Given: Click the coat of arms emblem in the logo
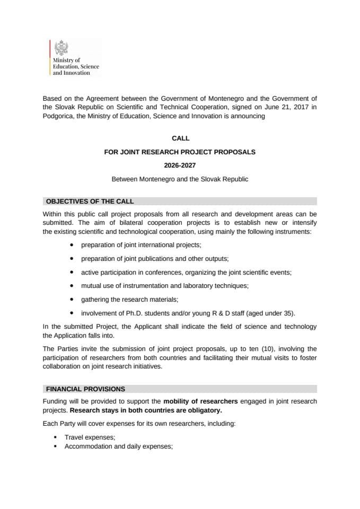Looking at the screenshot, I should [x=60, y=48].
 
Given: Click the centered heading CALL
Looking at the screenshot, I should [x=180, y=138].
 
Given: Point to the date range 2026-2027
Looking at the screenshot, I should [x=180, y=165].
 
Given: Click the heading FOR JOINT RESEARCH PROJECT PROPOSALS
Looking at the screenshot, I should [x=180, y=152].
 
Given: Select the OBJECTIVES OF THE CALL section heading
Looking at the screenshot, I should [x=90, y=201].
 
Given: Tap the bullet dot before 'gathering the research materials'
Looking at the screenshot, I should [x=72, y=300].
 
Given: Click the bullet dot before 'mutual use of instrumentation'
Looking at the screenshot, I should [x=72, y=286].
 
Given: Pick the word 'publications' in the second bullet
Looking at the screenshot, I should [x=155, y=259].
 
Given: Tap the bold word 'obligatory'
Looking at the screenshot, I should [x=204, y=410].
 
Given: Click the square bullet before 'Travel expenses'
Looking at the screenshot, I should [x=55, y=437].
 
